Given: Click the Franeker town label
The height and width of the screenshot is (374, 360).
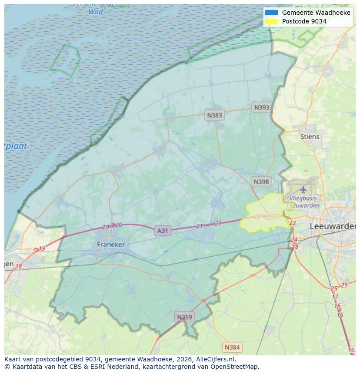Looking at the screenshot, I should tap(111, 245).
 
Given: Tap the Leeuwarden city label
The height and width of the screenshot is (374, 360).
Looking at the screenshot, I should tap(333, 226).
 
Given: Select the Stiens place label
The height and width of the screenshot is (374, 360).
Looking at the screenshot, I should tap(310, 136).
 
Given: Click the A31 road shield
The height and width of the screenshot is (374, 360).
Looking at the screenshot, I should tap(162, 231).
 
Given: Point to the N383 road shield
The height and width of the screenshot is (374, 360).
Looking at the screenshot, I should tap(214, 115).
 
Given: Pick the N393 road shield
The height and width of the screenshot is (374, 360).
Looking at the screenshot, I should tap(262, 107).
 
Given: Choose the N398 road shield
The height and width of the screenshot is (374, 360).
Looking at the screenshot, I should tap(261, 182).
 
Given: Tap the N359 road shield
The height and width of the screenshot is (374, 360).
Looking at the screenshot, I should tap(184, 317).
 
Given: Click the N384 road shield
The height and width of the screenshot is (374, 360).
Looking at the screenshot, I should tap(232, 347).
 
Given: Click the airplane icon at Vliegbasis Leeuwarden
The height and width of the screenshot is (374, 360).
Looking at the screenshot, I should tap(303, 189).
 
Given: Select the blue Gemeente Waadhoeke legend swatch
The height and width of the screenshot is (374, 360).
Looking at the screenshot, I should tap(271, 13).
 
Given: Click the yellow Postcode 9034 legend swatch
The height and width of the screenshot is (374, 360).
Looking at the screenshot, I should tap(271, 21).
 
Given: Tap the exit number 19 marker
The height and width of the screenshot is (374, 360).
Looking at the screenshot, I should tap(42, 249).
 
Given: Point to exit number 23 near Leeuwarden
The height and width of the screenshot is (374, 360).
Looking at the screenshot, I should tap(292, 223).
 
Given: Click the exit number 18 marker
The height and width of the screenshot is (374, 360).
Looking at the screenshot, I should tap(18, 266).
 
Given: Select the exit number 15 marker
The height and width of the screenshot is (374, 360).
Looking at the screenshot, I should tap(351, 350).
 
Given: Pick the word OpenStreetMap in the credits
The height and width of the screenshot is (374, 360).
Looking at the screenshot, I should tap(235, 366).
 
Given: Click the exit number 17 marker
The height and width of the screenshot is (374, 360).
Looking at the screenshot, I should tap(335, 297).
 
